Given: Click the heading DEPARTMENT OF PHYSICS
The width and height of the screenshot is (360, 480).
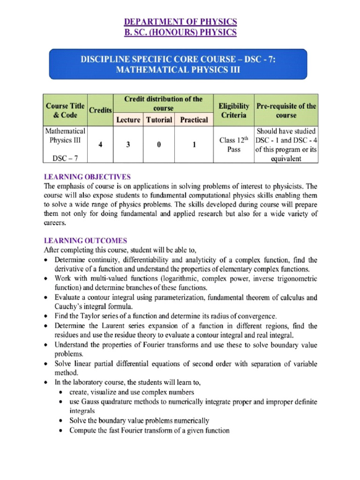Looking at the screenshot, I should [180, 22].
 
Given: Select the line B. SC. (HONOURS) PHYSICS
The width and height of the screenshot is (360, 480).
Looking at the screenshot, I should [180, 32].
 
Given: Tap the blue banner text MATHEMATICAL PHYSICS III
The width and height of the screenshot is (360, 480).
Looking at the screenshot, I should [180, 69].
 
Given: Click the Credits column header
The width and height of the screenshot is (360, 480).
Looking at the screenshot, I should [101, 109].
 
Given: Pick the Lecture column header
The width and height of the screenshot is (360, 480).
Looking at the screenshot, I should [128, 120].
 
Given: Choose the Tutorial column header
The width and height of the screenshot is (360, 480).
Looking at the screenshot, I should [159, 120].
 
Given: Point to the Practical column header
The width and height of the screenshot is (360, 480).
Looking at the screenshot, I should [194, 120].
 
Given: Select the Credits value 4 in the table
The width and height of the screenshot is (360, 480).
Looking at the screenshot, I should [101, 145].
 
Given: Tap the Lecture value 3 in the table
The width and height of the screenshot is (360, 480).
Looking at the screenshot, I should [128, 145].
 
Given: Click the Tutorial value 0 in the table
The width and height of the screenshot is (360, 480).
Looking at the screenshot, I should [159, 145].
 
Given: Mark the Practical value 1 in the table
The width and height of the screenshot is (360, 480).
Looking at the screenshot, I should [194, 145].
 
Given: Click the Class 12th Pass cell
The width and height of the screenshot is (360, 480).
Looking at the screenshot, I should [233, 145].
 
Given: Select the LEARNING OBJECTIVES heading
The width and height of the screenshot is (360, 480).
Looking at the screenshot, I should [87, 177].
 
